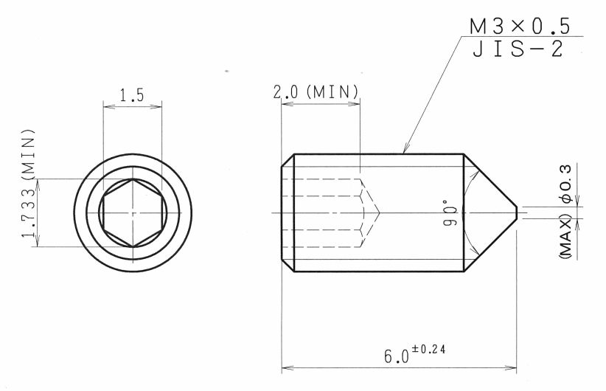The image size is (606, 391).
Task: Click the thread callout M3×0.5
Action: click(519, 26)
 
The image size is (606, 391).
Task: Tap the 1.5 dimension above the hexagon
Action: click(131, 95)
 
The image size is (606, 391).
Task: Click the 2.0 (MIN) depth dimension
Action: click(316, 93)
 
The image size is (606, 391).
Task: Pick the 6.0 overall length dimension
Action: click(396, 356)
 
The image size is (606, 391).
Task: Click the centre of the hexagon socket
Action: click(132, 212)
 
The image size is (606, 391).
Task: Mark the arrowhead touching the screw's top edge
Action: click(405, 150)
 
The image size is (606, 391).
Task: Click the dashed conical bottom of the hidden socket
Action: click(371, 212)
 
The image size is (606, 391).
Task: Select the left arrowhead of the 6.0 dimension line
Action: click(287, 366)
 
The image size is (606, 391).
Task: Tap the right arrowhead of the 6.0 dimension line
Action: click(511, 366)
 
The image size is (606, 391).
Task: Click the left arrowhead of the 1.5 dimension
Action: click(108, 106)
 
